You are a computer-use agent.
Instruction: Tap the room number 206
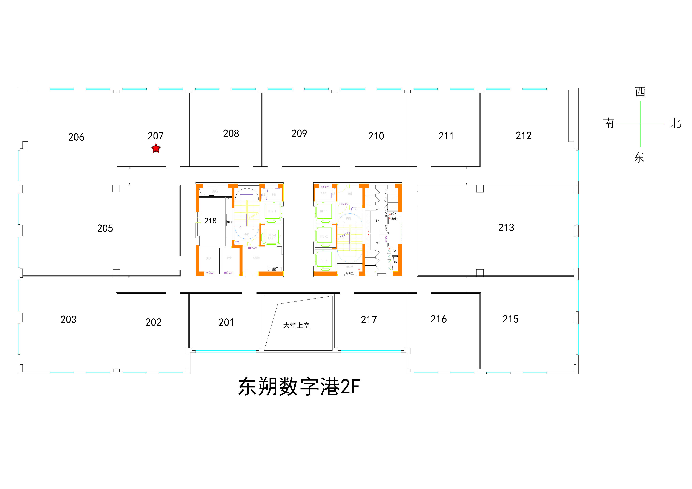click(x=76, y=137)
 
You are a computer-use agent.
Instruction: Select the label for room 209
click(x=299, y=133)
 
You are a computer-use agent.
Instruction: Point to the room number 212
click(x=523, y=135)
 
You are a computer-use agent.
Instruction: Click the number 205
click(x=105, y=228)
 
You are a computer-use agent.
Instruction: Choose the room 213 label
click(x=506, y=227)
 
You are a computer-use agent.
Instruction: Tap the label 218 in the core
click(x=210, y=221)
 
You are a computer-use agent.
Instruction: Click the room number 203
click(x=68, y=319)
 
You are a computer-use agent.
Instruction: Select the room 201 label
click(x=226, y=322)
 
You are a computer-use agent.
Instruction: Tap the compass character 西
click(x=640, y=91)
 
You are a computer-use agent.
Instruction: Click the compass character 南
click(x=609, y=123)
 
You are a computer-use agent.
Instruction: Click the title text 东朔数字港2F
click(x=299, y=387)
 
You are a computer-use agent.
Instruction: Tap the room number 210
click(x=376, y=136)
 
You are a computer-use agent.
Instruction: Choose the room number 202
click(x=153, y=322)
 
